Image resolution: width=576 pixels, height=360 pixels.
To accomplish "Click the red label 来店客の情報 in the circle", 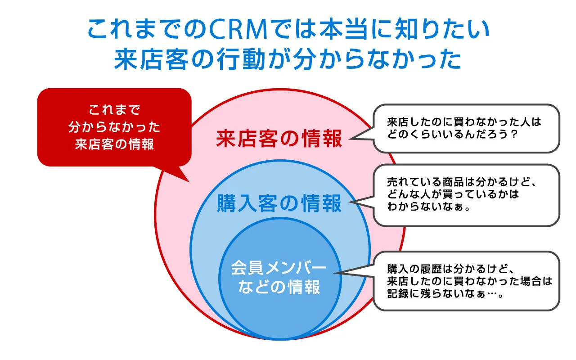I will (279, 139).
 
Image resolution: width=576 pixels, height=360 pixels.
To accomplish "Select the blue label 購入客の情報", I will (279, 204).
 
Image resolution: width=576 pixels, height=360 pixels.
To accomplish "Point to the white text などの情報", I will (279, 287).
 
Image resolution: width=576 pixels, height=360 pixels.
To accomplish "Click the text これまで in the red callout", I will (114, 109).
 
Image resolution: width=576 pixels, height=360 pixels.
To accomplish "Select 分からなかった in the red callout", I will (114, 127).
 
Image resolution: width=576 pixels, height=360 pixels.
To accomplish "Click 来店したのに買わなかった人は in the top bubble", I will (463, 122).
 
